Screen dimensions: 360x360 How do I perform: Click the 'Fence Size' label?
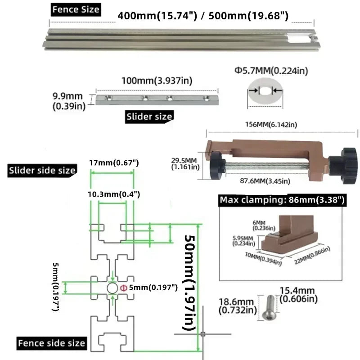coord(76,9)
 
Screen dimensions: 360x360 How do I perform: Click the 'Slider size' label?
coord(149,116)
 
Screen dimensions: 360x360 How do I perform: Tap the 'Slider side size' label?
coord(42,170)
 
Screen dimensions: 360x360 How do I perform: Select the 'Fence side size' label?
coord(52,343)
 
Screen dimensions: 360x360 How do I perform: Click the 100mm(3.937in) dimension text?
coord(157,81)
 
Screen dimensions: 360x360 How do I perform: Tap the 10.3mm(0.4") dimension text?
coord(114,194)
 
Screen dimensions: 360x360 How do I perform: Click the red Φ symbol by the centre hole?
coord(123,288)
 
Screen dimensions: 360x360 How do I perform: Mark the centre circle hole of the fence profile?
coord(112,288)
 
